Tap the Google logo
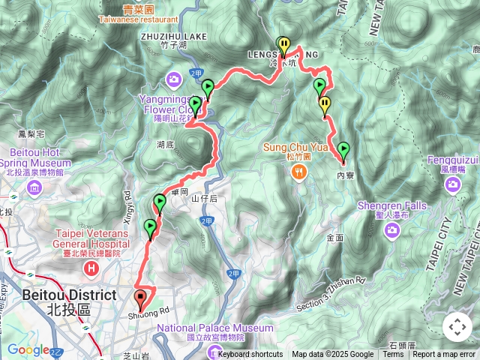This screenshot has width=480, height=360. (x=28, y=349)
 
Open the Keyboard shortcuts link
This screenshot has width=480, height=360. (x=250, y=355)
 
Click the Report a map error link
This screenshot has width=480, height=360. (x=444, y=355)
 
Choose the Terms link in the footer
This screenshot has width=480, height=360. (x=393, y=355)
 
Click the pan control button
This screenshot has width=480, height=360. (x=457, y=327)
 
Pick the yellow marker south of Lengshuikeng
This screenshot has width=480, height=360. (x=325, y=106)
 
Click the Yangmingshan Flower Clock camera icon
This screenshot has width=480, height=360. (x=174, y=79)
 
